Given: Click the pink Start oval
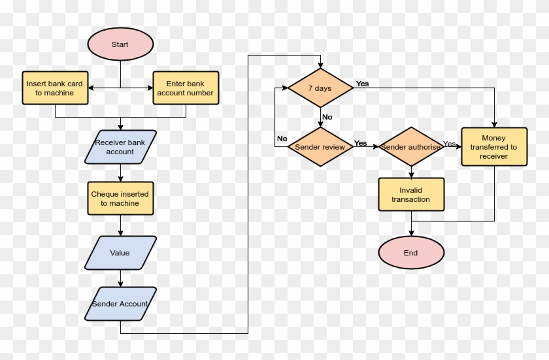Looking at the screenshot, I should coord(120,44).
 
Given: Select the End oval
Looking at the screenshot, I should coord(411,253).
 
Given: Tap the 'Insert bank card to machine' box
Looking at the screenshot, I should coord(55,88).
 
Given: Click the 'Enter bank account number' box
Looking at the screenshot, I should coord(185,88).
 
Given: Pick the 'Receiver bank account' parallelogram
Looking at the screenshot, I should coord(120,147).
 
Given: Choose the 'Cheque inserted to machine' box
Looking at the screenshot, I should coord(120,199).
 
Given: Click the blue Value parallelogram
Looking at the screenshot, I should coord(120,253).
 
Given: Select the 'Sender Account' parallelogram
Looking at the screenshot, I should coord(120,304).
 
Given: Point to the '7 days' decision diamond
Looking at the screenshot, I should coord(320,88).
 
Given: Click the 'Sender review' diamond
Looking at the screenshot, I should coord(320,147).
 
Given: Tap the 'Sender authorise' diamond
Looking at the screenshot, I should coord(411,147).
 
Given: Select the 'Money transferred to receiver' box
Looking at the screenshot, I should coord(494,147).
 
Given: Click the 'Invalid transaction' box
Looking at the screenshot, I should coord(411,195).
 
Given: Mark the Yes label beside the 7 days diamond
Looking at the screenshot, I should coord(362,84).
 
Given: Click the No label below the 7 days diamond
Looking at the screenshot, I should coord(327,117).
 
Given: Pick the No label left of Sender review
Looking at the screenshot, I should coord(282,139).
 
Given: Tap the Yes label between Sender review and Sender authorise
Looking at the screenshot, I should coord(360,142).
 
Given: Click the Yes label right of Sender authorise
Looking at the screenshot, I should coord(450,143).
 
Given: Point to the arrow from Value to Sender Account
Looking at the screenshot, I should coord(120,278).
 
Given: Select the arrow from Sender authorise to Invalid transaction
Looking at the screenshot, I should coord(411,172).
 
